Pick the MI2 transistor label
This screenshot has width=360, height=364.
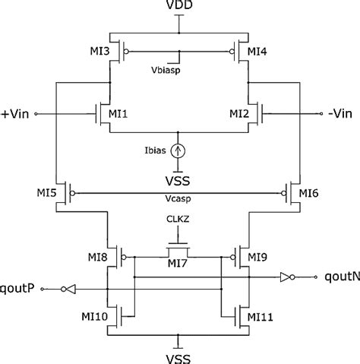(x=241, y=113)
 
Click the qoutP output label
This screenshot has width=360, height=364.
(x=21, y=288)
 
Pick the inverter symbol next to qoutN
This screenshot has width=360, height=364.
(x=286, y=277)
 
